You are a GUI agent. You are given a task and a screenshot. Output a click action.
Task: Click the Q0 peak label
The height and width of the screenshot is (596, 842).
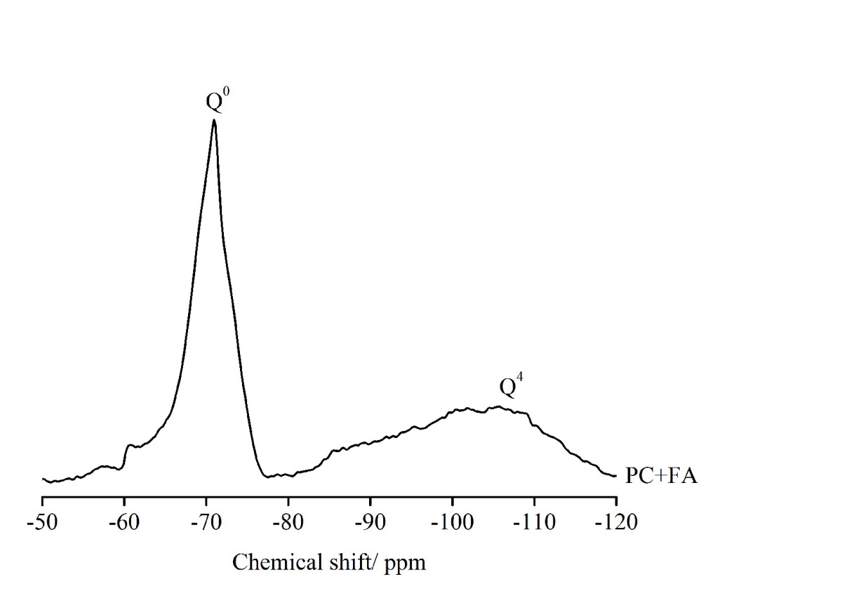pos(218,101)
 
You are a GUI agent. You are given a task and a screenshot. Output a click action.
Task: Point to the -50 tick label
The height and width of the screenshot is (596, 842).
pos(43,523)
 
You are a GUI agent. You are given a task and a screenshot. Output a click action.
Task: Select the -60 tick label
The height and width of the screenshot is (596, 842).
pos(124,523)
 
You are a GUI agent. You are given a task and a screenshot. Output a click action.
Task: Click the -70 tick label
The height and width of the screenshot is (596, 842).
pos(206,523)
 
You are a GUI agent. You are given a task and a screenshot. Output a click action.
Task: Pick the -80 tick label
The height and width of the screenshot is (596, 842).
pos(288,523)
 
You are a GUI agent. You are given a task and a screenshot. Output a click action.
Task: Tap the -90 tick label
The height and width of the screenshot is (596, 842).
pos(370,523)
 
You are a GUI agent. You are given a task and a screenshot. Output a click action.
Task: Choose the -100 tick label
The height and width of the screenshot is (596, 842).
pos(452,523)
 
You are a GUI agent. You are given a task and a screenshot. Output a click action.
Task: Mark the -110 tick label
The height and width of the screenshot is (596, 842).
pos(534,523)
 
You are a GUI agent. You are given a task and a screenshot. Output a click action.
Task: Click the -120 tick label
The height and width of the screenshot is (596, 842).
pos(615,523)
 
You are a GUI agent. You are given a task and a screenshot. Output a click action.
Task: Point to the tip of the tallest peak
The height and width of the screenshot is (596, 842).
pos(214,120)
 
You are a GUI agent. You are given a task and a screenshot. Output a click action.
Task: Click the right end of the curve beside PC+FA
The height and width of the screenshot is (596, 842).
pos(615,476)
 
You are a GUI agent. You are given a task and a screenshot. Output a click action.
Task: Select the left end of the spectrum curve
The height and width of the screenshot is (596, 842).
pos(43,479)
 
